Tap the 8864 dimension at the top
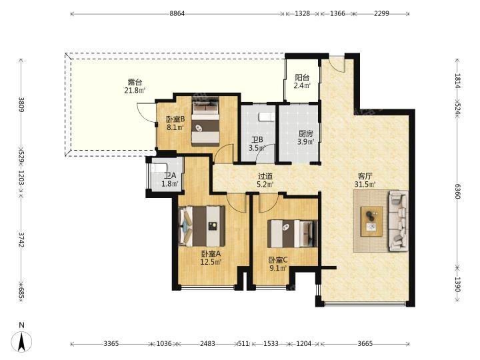[x=177, y=13]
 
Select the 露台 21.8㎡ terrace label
[x=135, y=86]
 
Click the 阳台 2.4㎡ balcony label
[x=302, y=81]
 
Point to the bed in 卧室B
[x=205, y=121]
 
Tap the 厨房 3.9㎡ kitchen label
[x=306, y=138]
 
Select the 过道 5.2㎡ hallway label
[x=265, y=180]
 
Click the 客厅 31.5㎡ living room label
[x=365, y=180]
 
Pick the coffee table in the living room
[x=371, y=221]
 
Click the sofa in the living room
[x=399, y=221]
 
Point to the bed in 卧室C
[x=293, y=233]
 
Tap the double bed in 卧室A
[x=202, y=226]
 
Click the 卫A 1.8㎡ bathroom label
[x=170, y=180]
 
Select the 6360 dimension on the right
[x=457, y=191]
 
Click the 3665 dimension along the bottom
[x=365, y=344]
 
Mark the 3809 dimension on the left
[x=21, y=105]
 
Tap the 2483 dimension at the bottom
[x=207, y=344]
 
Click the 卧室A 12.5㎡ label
[x=211, y=258]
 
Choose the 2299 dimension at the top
[x=381, y=13]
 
